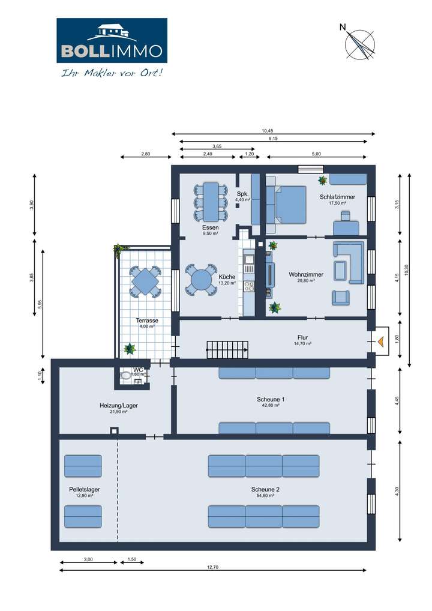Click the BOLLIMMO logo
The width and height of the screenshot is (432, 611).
pyautogui.click(x=112, y=41)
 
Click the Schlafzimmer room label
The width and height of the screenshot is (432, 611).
pyautogui.click(x=337, y=197)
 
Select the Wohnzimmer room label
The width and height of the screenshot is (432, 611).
pyautogui.click(x=306, y=274)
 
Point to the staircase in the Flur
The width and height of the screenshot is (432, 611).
pyautogui.click(x=227, y=349)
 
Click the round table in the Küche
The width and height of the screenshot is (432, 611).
pyautogui.click(x=200, y=280)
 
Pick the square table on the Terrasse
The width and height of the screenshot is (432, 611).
pyautogui.click(x=145, y=280)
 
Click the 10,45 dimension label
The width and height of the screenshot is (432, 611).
pyautogui.click(x=267, y=131)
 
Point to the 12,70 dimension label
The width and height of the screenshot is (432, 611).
pyautogui.click(x=212, y=567)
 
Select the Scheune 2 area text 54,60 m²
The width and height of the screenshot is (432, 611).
pyautogui.click(x=265, y=496)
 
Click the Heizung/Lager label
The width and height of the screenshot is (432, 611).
pyautogui.click(x=118, y=405)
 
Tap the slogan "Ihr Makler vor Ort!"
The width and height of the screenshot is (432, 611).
pyautogui.click(x=112, y=73)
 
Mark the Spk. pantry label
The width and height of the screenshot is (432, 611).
pyautogui.click(x=242, y=194)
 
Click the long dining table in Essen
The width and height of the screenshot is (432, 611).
pyautogui.click(x=211, y=201)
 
